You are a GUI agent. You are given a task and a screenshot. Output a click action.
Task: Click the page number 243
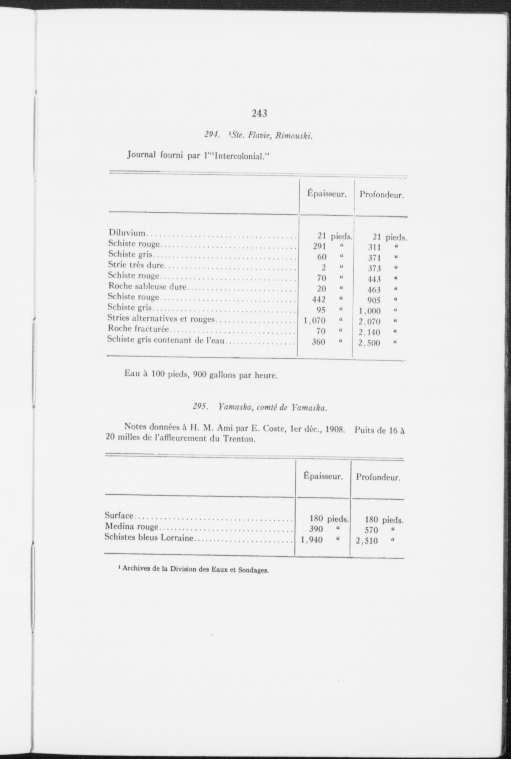point(260,113)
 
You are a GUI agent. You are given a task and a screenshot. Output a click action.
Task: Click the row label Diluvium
point(127,232)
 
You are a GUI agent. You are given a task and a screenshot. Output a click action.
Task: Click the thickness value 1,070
point(315,321)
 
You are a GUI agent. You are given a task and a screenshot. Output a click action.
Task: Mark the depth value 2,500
point(369,343)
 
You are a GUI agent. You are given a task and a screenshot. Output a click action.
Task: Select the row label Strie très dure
point(136,265)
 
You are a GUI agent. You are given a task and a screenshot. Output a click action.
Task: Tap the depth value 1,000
point(369,311)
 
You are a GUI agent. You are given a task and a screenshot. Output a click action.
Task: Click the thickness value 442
point(319,300)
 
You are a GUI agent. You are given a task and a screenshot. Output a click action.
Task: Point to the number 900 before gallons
point(200,375)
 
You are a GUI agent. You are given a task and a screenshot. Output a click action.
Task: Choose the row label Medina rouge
point(132,527)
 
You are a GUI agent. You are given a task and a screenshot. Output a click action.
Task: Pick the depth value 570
point(371,530)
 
